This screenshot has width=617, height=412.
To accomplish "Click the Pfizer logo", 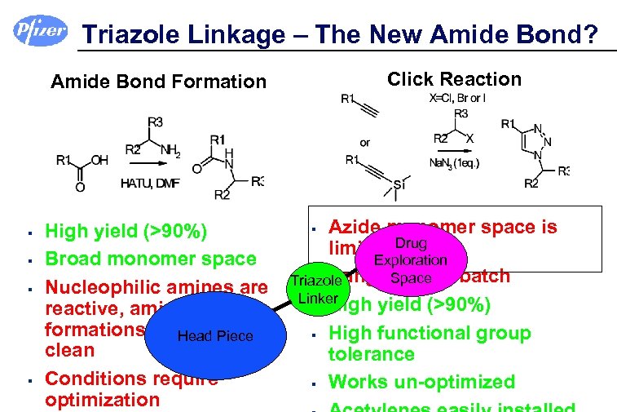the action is pos(39,31).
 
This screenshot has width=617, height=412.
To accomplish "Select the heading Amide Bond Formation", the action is pos(158,82).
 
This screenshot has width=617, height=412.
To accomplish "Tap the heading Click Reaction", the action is pos(454,79).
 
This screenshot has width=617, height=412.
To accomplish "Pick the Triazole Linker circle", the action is pos(317,290).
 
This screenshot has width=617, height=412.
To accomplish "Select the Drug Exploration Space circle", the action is pos(410,261).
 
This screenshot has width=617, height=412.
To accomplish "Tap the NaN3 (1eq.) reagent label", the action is pos(454,163).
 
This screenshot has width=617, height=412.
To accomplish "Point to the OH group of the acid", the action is pos(99,161).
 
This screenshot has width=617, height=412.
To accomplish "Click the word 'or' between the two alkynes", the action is pos(364,142).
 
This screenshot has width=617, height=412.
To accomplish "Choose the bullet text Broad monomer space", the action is pos(150,259).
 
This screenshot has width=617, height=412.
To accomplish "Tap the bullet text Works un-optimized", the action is pos(421,382).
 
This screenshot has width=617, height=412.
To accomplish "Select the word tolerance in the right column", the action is pos(371,354).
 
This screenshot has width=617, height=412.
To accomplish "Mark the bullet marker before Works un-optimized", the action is pos(313,383).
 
